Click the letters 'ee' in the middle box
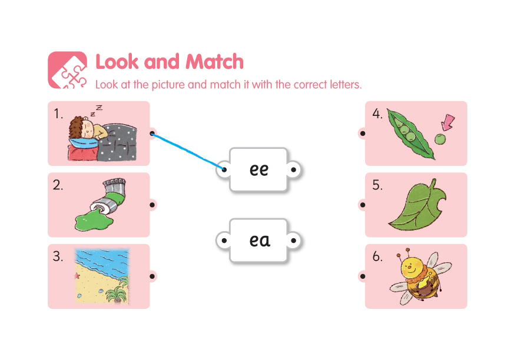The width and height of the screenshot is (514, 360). [x=259, y=169]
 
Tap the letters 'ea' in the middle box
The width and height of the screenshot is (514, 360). [x=260, y=241]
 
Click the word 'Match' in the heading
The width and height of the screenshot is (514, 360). [x=215, y=62]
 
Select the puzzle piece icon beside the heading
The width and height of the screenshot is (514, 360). [x=68, y=70]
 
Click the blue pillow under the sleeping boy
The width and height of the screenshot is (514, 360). [x=82, y=142]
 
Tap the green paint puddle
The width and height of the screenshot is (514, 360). [x=94, y=221]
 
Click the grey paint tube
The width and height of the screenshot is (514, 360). [x=111, y=195]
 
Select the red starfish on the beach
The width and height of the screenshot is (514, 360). [x=77, y=276]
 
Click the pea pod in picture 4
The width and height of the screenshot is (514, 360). [x=410, y=134]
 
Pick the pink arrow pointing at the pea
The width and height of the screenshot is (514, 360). [x=448, y=122]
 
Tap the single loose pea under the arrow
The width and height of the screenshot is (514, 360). [x=440, y=139]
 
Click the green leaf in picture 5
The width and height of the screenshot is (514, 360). [x=417, y=205]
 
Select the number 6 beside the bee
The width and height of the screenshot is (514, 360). [x=377, y=256]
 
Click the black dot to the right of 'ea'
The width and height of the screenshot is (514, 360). [x=294, y=241]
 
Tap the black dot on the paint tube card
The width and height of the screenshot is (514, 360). [x=152, y=205]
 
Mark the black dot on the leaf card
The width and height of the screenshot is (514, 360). [x=363, y=205]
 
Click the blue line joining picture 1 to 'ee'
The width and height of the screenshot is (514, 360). [x=188, y=151]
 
